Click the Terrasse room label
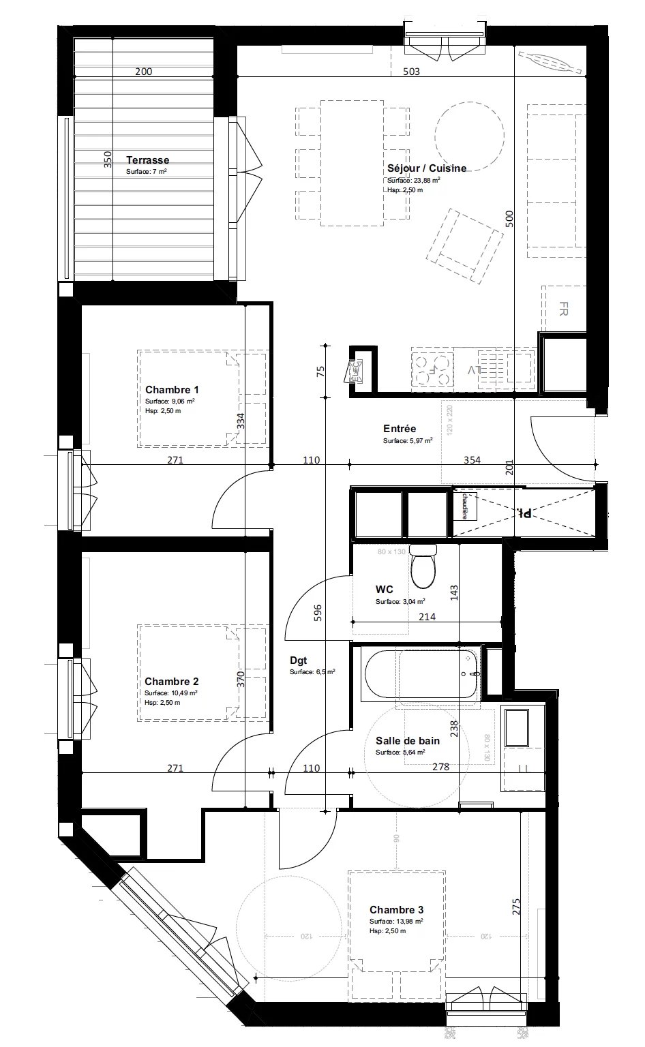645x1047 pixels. [x=147, y=160]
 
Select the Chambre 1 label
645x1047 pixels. [x=172, y=390]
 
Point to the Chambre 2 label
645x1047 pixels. [x=172, y=682]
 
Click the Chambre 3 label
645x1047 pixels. [x=396, y=910]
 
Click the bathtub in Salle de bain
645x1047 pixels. [x=421, y=675]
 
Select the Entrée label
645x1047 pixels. [x=400, y=429]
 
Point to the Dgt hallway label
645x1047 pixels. [x=298, y=660]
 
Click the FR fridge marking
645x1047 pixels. [x=563, y=309]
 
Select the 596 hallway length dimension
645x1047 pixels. [x=316, y=611]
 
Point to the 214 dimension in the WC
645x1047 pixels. [x=427, y=617]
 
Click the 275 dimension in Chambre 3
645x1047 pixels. [x=516, y=907]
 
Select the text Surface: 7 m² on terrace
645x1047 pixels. [x=147, y=172]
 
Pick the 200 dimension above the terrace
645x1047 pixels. [x=143, y=72]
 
